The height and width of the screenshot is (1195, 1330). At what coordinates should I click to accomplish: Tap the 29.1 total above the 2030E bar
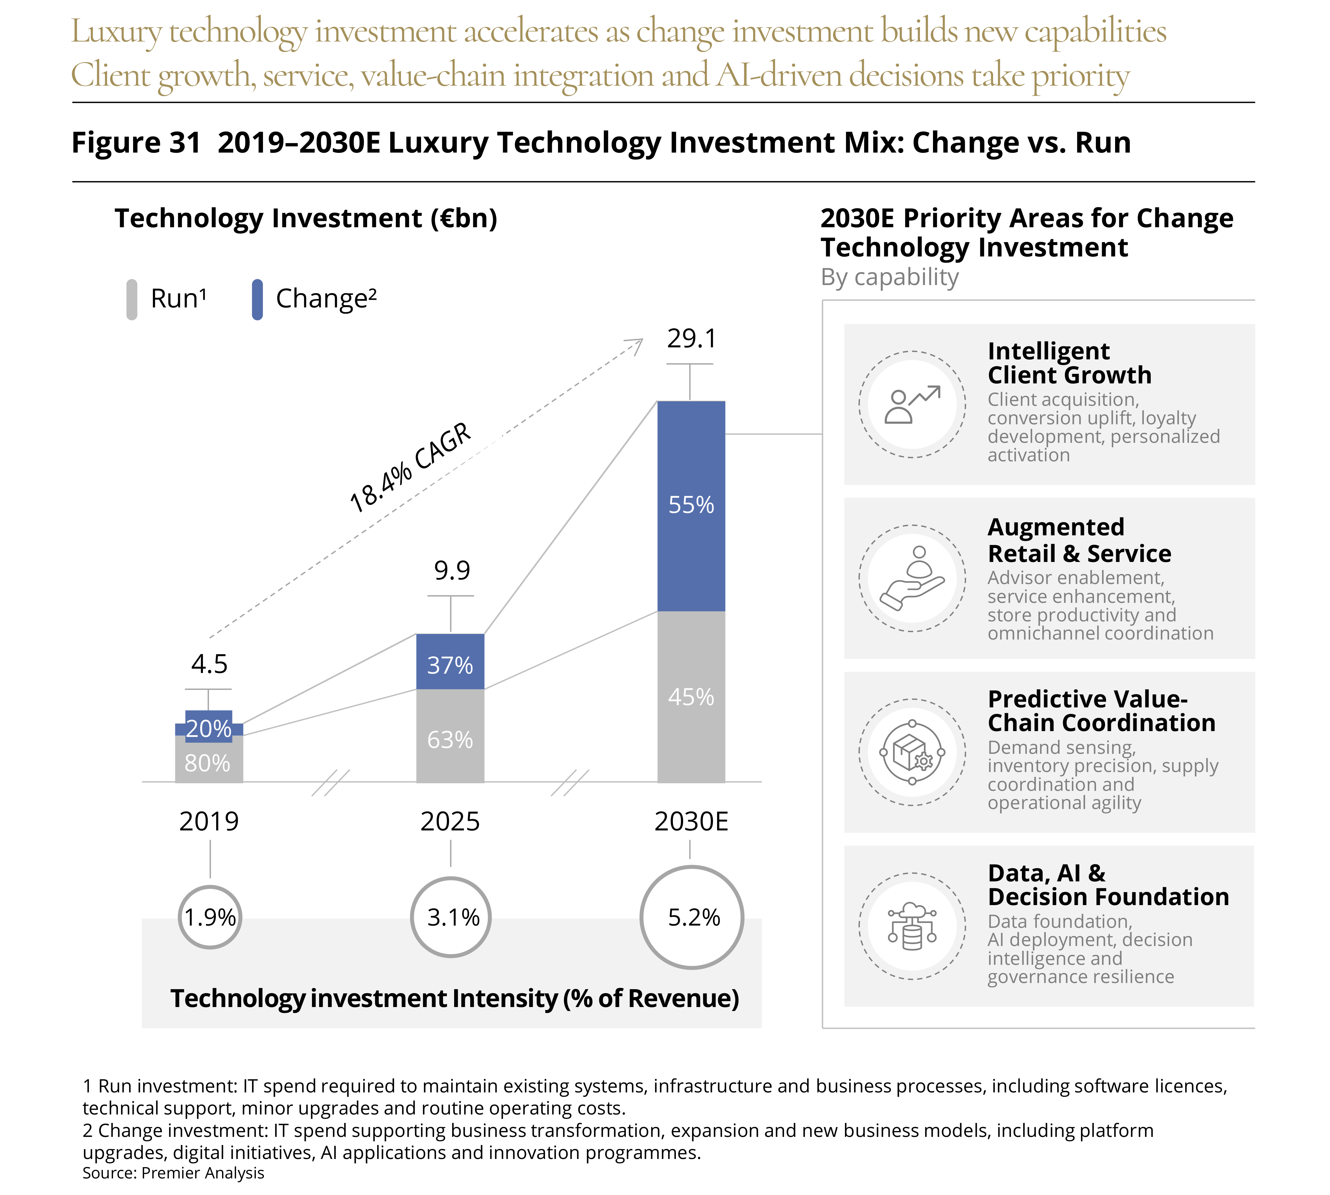[691, 339]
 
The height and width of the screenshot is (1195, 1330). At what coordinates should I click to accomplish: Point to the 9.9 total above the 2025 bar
[452, 571]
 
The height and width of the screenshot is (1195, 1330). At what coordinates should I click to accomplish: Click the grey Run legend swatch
[132, 299]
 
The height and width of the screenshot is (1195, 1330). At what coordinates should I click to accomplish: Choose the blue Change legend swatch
[257, 299]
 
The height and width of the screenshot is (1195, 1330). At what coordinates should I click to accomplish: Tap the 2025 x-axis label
[450, 821]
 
